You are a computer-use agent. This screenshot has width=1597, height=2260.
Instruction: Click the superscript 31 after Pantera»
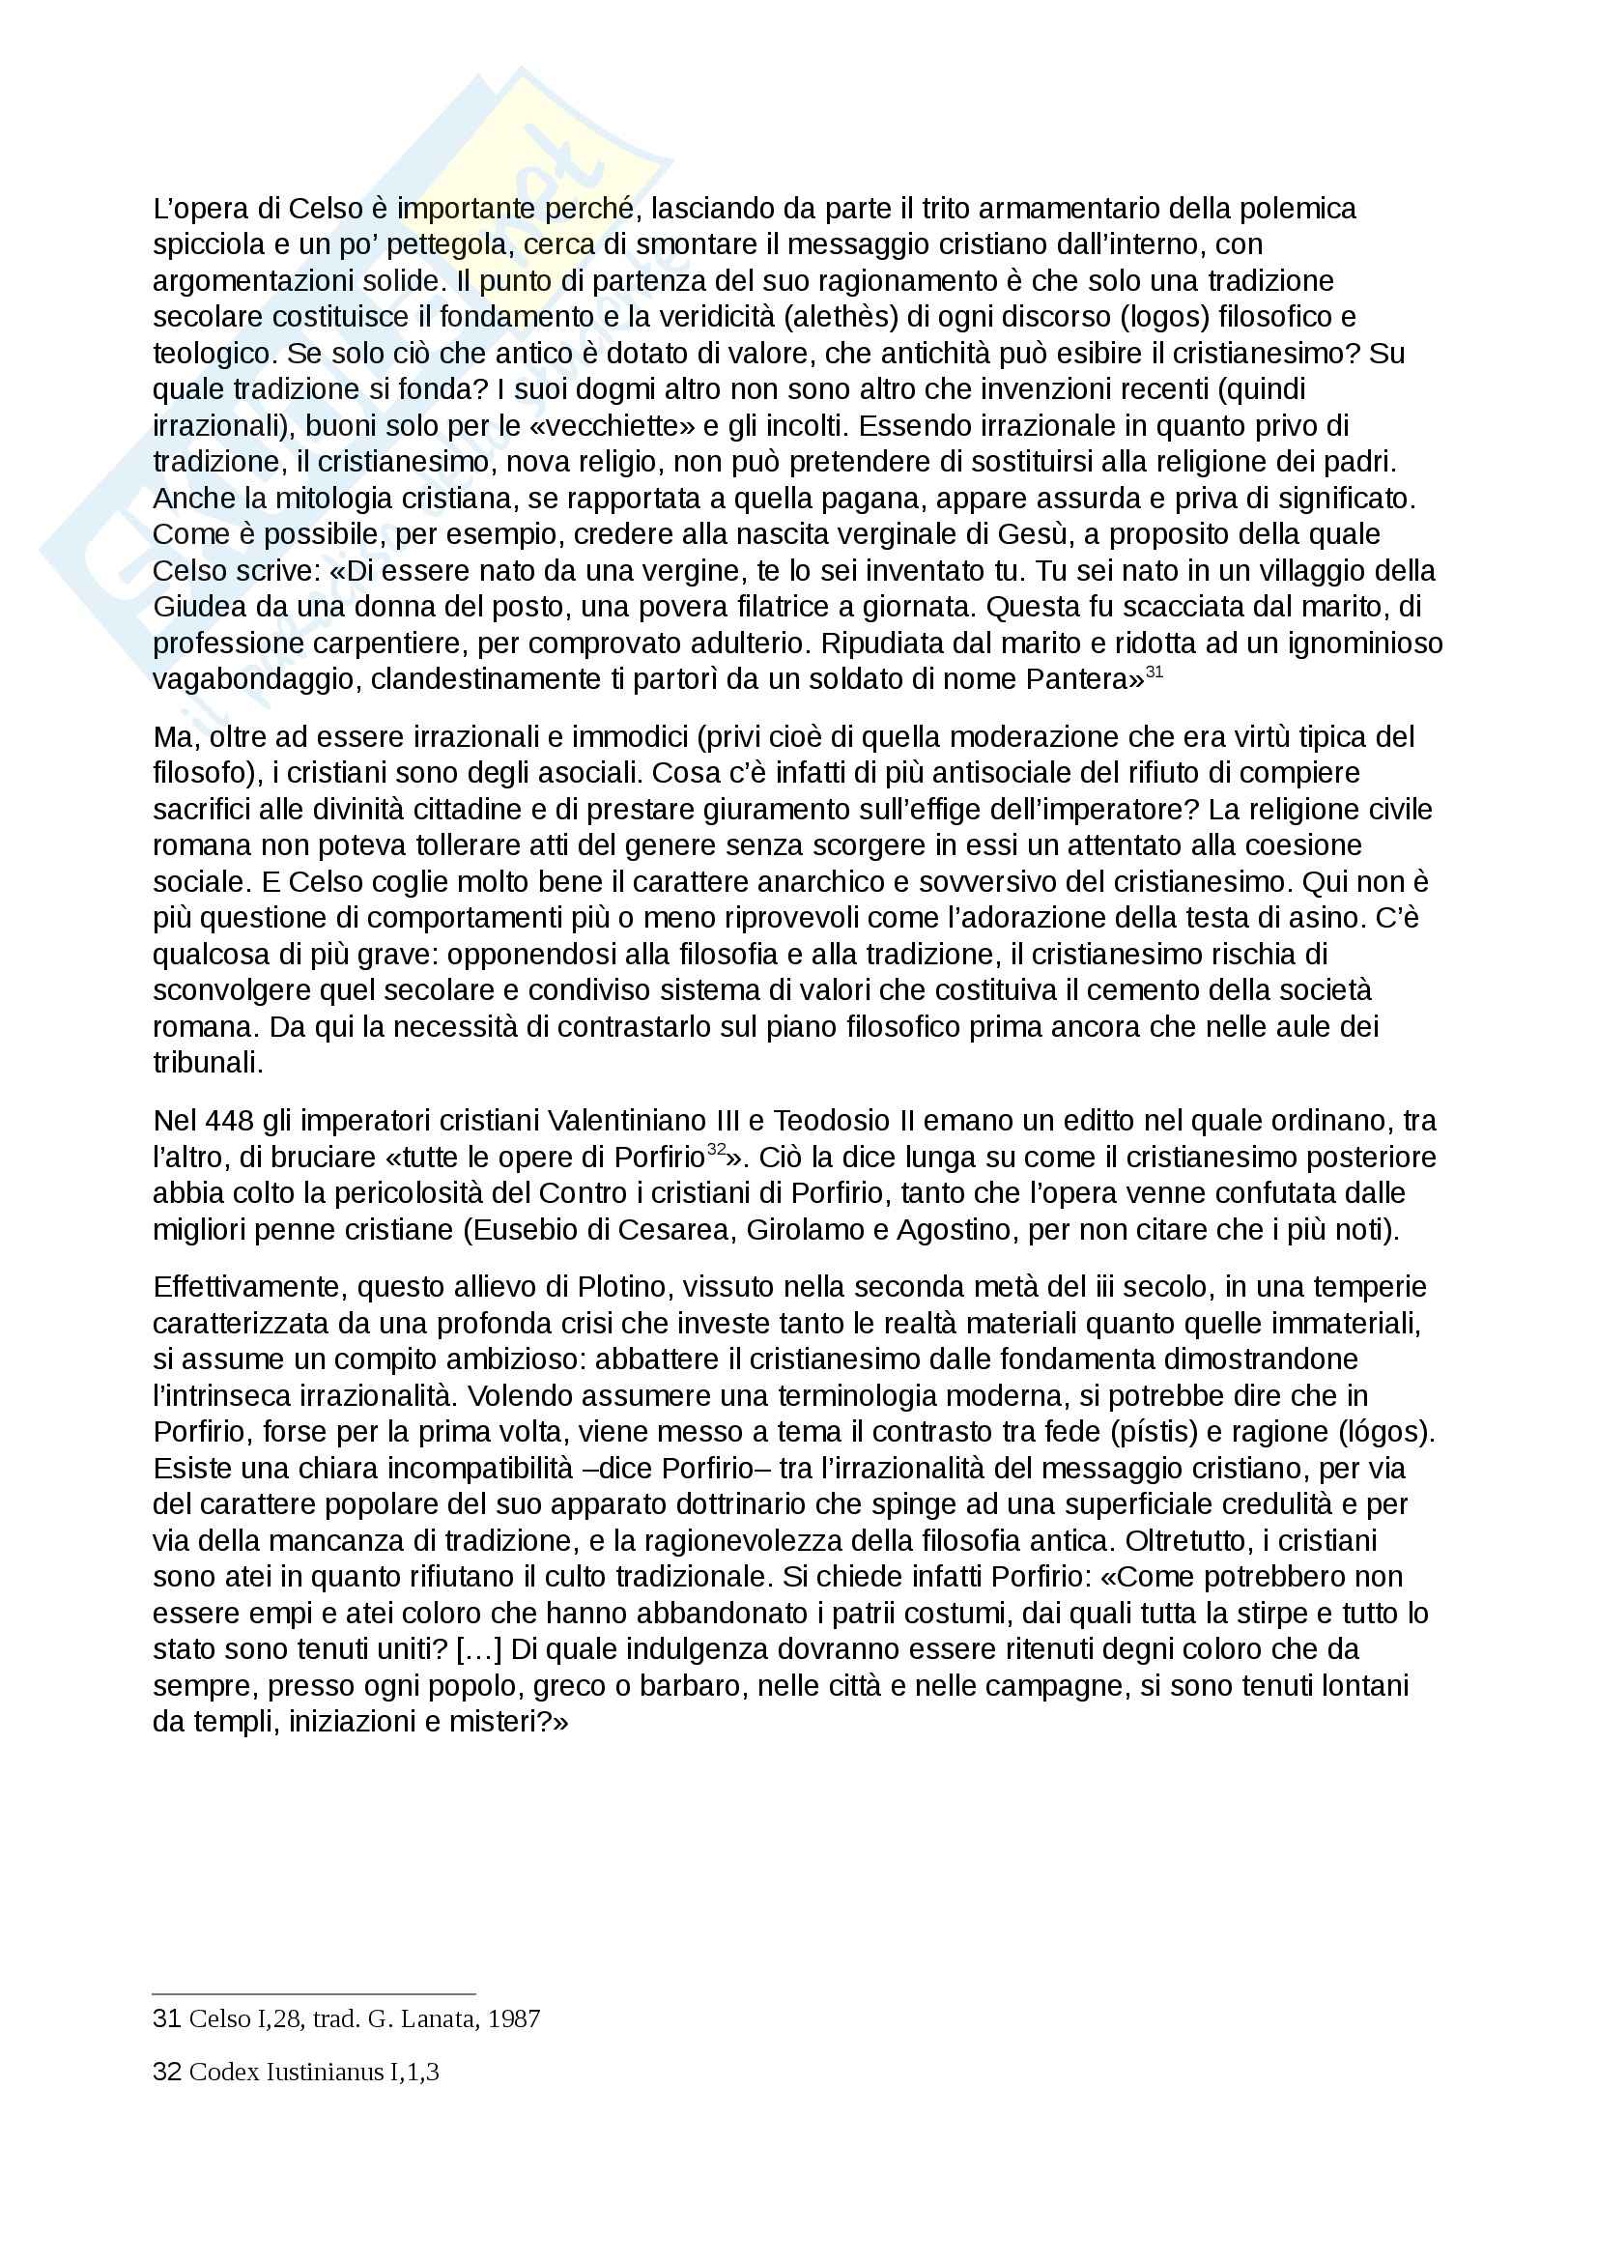(x=1155, y=672)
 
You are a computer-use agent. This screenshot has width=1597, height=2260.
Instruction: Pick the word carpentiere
(x=391, y=644)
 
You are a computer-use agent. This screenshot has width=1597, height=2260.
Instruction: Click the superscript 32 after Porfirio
(x=716, y=1149)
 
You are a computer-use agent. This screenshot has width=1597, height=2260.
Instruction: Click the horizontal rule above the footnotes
(x=314, y=1994)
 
